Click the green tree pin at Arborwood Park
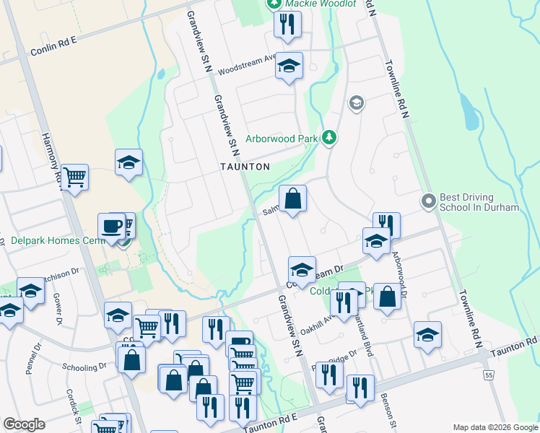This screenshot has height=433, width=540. click(329, 136)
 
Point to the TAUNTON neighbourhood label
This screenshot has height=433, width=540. click(245, 167)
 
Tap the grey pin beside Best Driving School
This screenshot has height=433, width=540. click(428, 201)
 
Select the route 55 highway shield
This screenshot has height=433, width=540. click(489, 376)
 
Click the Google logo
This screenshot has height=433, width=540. click(24, 424)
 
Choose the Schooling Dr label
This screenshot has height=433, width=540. click(84, 366)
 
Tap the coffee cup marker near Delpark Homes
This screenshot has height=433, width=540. click(112, 226)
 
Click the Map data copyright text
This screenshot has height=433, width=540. click(495, 427)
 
